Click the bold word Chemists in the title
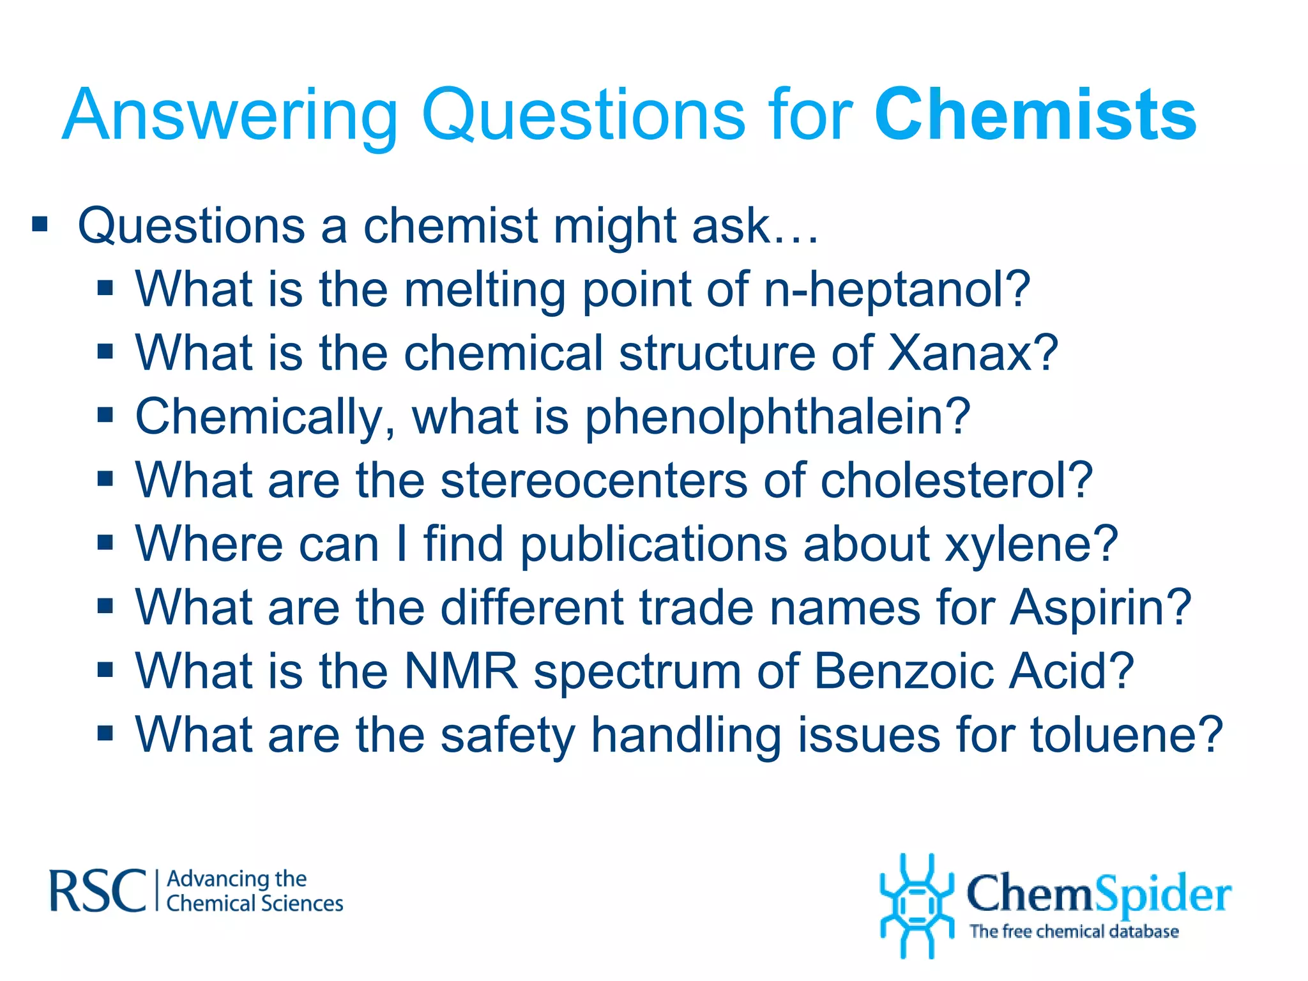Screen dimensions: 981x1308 point(1035,115)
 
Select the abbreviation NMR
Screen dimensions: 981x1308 point(461,671)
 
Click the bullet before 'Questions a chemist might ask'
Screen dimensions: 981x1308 point(40,225)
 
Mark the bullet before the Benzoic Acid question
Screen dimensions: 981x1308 point(105,670)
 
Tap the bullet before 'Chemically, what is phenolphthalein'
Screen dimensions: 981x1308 point(105,416)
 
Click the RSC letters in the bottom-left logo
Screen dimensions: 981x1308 point(98,891)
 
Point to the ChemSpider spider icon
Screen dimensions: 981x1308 point(916,906)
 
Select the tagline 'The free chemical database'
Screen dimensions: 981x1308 point(1074,932)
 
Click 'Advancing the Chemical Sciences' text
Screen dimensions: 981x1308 point(254,891)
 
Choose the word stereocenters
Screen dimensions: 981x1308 point(593,480)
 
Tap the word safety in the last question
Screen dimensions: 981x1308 point(508,736)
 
